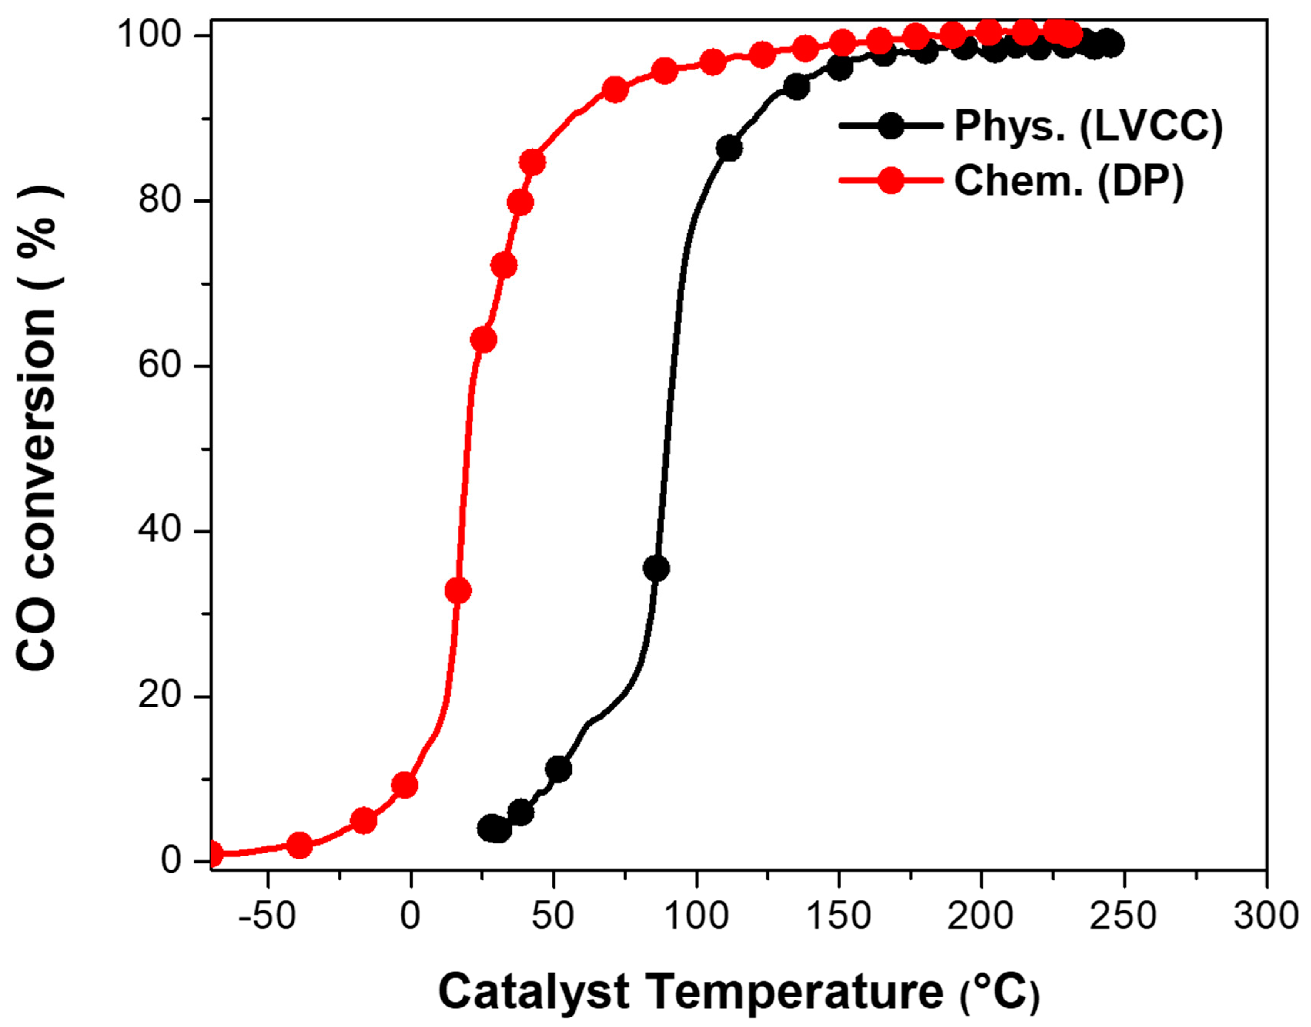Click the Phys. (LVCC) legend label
(x=1088, y=127)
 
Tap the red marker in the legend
(x=890, y=180)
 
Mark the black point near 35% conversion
(x=656, y=568)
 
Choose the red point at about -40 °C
(x=300, y=845)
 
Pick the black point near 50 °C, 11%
(x=559, y=769)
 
